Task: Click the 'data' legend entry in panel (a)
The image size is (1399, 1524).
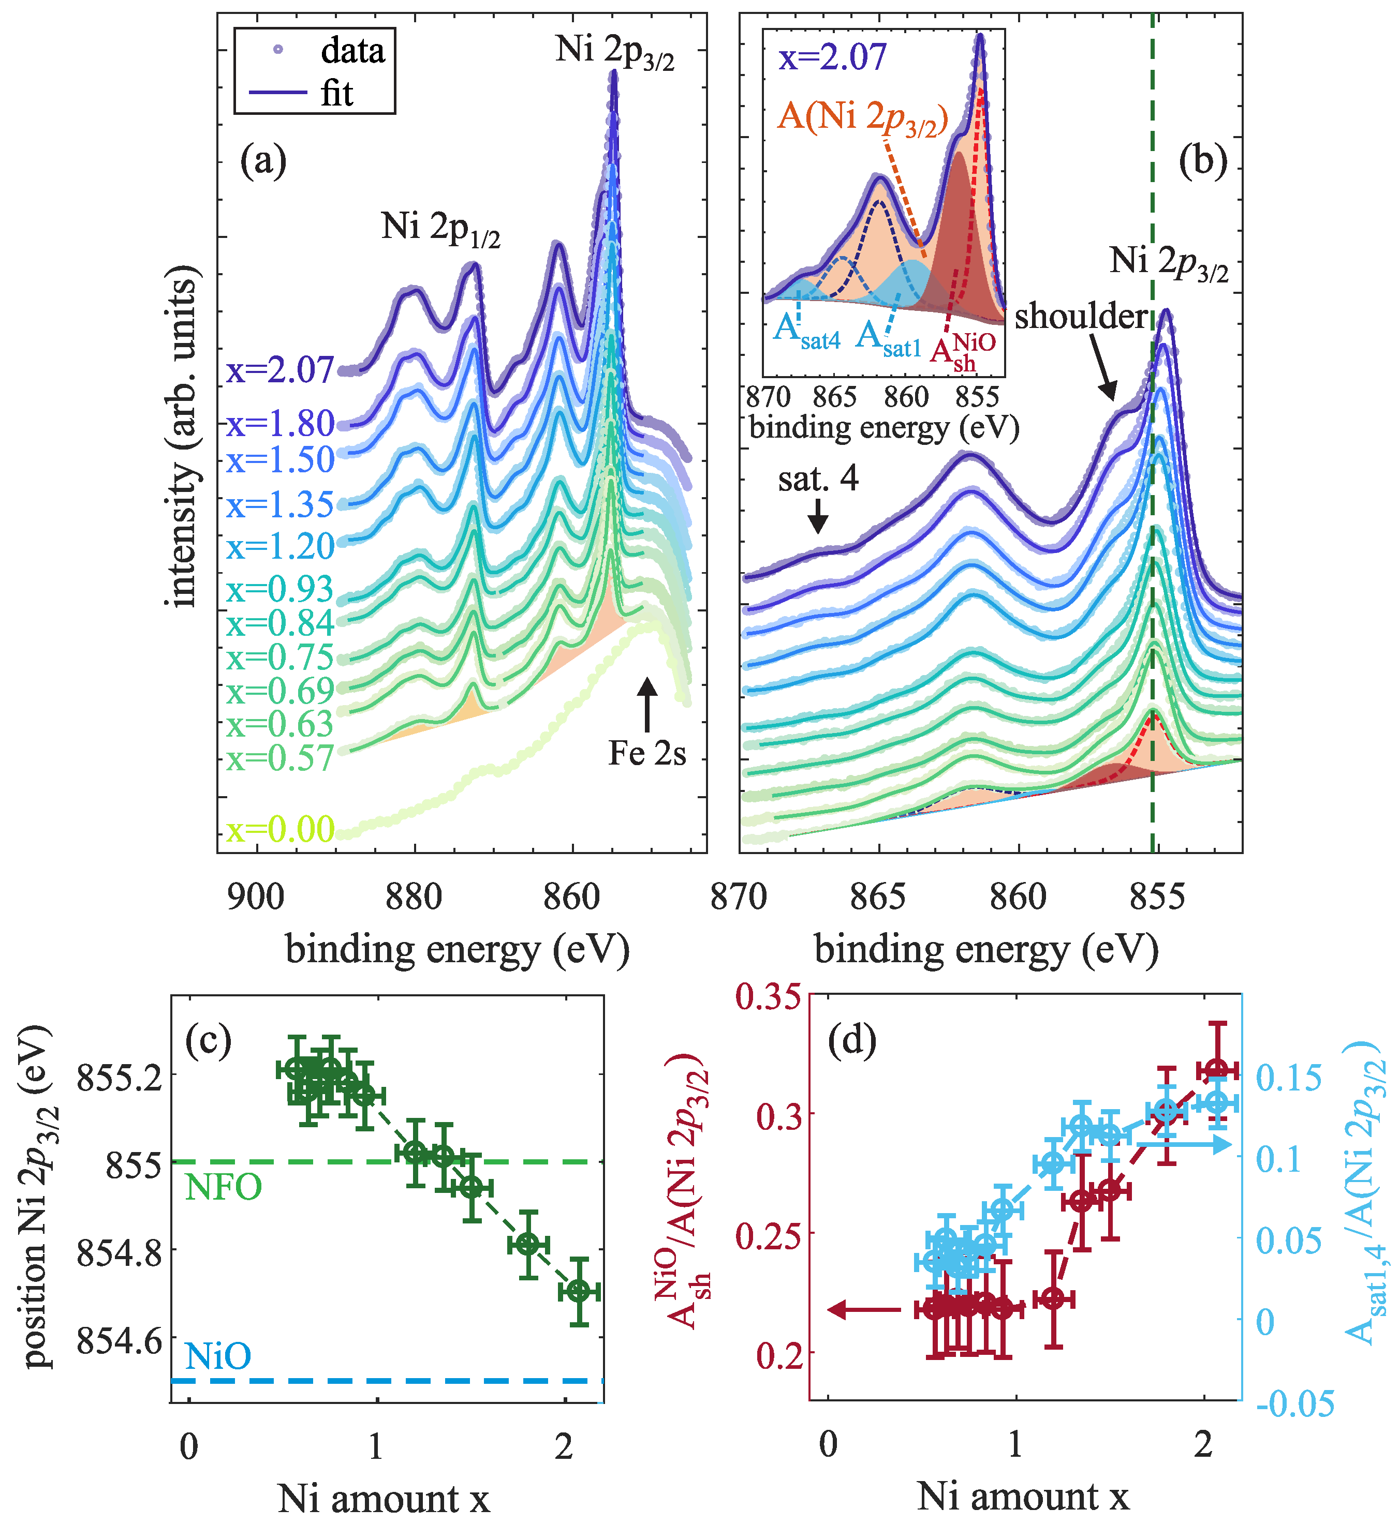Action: (352, 51)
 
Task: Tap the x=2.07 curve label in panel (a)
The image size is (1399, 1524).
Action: (280, 370)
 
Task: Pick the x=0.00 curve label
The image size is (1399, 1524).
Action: (280, 829)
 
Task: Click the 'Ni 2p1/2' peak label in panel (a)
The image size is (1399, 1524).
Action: (440, 227)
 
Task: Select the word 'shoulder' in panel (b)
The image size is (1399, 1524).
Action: (1081, 316)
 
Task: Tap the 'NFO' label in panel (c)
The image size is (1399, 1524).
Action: (223, 1187)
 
